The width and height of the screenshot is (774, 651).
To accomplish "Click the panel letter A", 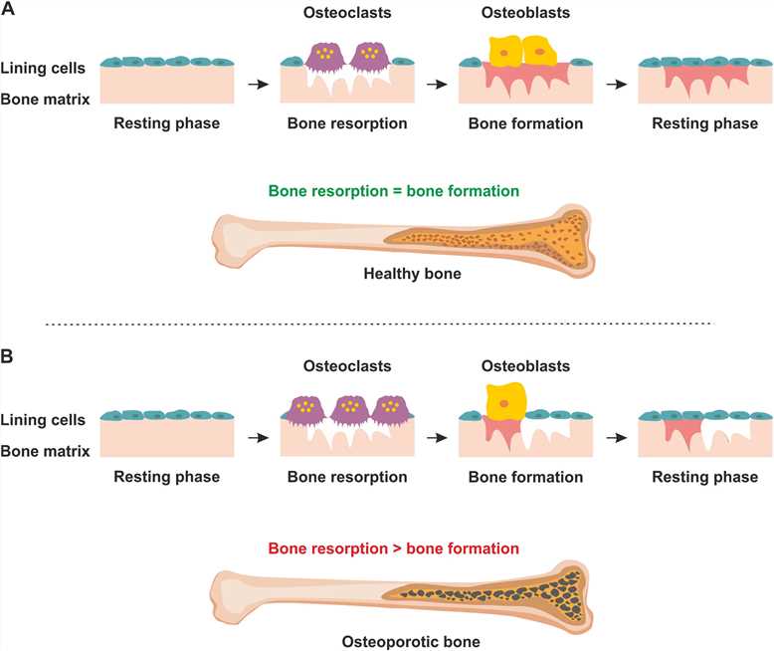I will point(9,9).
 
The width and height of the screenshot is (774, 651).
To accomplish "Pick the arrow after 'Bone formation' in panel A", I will point(616,84).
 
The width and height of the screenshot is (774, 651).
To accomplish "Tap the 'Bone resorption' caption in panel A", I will point(347,125).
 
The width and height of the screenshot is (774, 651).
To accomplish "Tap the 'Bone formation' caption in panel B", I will point(525,477).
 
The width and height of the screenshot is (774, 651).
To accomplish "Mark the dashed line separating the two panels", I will point(387,324).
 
